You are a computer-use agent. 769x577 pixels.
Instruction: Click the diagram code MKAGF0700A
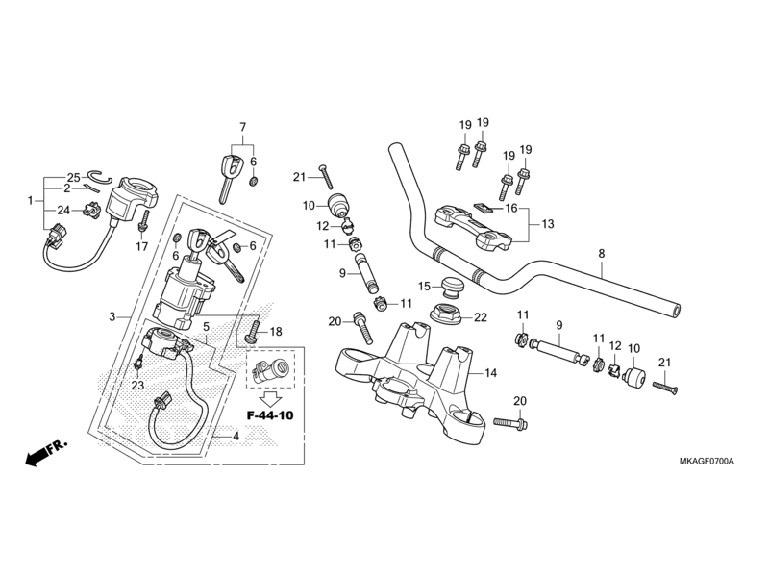699,462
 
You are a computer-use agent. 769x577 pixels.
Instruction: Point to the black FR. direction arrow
38,454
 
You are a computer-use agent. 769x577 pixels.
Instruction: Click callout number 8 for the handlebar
602,254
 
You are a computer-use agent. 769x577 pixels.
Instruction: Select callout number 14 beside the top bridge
490,373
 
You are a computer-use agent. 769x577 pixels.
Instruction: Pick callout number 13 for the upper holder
547,224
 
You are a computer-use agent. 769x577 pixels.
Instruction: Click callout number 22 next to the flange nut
481,317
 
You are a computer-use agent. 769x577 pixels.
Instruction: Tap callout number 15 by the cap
424,287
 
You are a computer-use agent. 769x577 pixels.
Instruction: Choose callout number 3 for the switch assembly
112,316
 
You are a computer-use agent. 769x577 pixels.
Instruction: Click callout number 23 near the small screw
137,385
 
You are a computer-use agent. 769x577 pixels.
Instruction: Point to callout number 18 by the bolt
277,331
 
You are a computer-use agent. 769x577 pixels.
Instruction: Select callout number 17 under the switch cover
141,246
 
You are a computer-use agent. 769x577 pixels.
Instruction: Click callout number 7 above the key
242,127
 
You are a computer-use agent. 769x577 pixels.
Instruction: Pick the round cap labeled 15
446,287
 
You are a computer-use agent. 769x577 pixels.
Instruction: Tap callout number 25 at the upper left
73,178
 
